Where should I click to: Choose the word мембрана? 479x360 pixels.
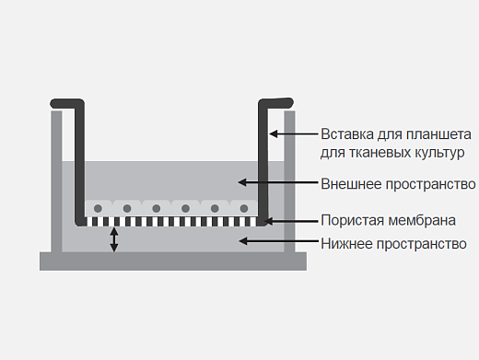[423, 221]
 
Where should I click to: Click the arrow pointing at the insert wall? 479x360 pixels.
[293, 134]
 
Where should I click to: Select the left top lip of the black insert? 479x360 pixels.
[66, 100]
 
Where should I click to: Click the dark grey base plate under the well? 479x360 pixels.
[173, 261]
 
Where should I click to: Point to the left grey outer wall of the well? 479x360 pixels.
[56, 184]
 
